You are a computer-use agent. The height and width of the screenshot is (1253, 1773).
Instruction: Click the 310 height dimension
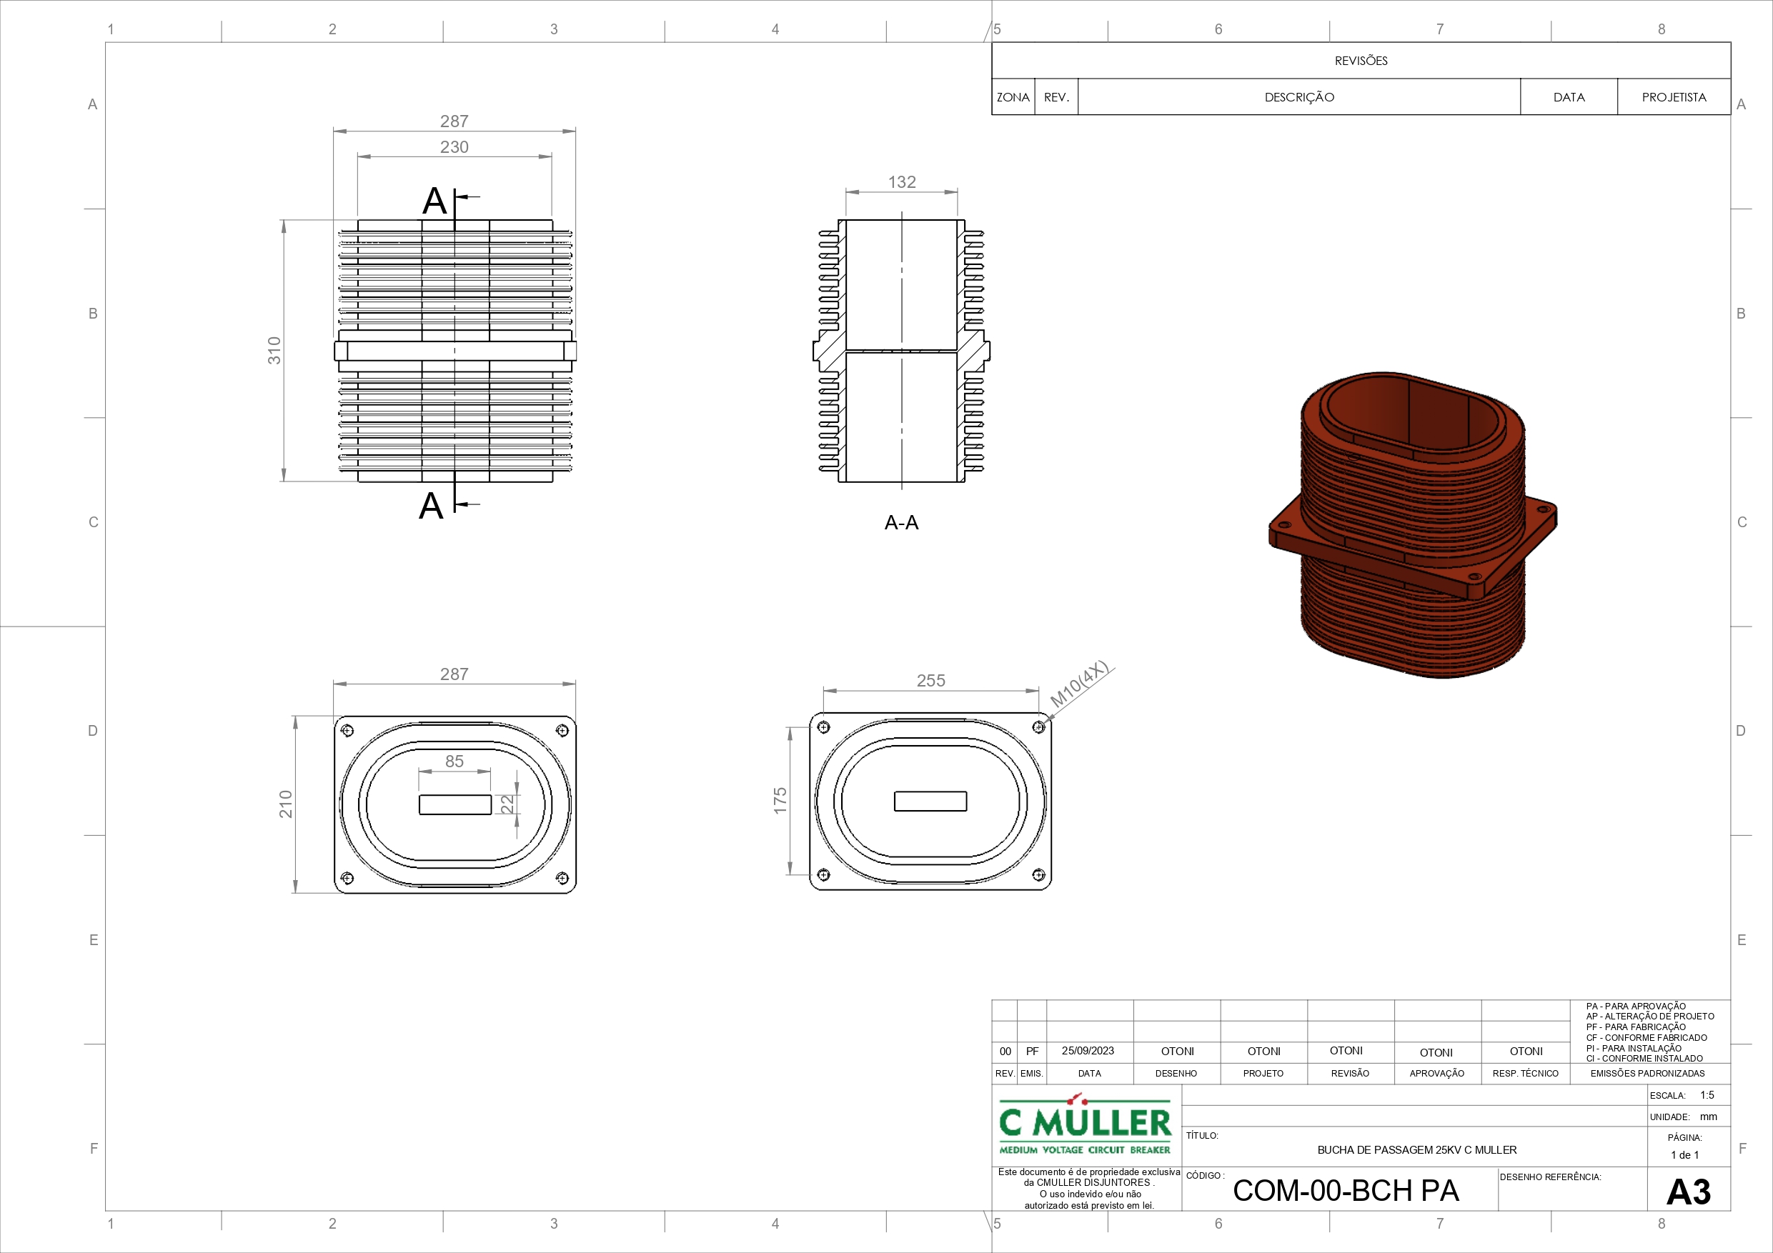pyautogui.click(x=274, y=351)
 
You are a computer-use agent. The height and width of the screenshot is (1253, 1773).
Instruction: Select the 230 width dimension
pyautogui.click(x=454, y=146)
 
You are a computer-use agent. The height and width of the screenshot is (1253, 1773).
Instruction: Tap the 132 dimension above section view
pyautogui.click(x=902, y=182)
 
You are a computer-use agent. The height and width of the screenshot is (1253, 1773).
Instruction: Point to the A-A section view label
pyautogui.click(x=901, y=523)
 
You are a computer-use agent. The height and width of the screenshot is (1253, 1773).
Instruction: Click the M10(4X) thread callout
pyautogui.click(x=1080, y=684)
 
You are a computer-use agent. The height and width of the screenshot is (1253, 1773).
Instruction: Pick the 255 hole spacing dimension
pyautogui.click(x=930, y=680)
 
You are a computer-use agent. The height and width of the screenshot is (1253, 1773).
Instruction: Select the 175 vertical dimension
pyautogui.click(x=780, y=801)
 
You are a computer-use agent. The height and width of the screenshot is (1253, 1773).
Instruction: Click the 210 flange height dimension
pyautogui.click(x=286, y=804)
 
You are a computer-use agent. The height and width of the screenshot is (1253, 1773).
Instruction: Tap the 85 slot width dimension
pyautogui.click(x=454, y=762)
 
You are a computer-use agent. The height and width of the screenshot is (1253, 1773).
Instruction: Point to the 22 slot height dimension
pyautogui.click(x=507, y=804)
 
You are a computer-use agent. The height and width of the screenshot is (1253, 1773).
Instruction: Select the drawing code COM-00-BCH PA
pyautogui.click(x=1346, y=1190)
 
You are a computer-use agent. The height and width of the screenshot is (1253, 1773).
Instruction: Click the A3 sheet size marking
pyautogui.click(x=1688, y=1192)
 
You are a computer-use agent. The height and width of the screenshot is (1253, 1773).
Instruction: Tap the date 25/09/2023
pyautogui.click(x=1088, y=1051)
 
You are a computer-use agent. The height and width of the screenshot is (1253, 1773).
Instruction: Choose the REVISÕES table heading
pyautogui.click(x=1361, y=61)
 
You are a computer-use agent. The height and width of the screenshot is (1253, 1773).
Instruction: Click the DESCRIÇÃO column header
pyautogui.click(x=1300, y=97)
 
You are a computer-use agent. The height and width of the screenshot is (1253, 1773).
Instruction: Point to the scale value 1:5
pyautogui.click(x=1707, y=1094)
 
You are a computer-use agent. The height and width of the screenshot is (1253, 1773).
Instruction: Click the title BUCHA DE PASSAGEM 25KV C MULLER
pyautogui.click(x=1417, y=1149)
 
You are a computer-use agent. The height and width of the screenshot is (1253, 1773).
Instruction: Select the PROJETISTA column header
pyautogui.click(x=1674, y=97)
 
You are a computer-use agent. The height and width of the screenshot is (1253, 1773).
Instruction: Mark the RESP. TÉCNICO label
pyautogui.click(x=1525, y=1073)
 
